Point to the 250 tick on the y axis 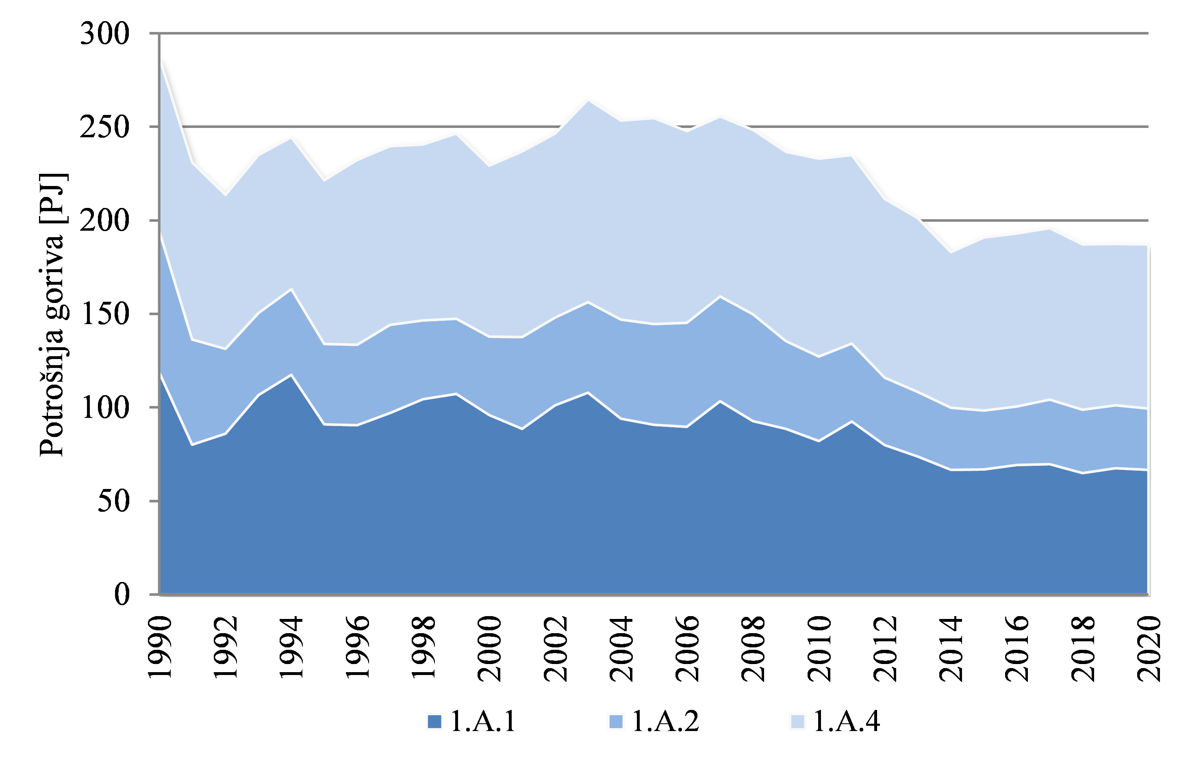coord(105,127)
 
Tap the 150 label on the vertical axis coord(105,314)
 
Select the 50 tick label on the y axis coord(114,501)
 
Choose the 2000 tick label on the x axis coord(489,648)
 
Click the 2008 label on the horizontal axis coord(754,648)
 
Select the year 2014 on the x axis coord(951,648)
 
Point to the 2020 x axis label coord(1149,648)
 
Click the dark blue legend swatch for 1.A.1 coord(434,722)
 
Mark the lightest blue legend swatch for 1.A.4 coord(798,722)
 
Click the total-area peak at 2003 coord(588,101)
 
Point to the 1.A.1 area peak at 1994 coord(292,374)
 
